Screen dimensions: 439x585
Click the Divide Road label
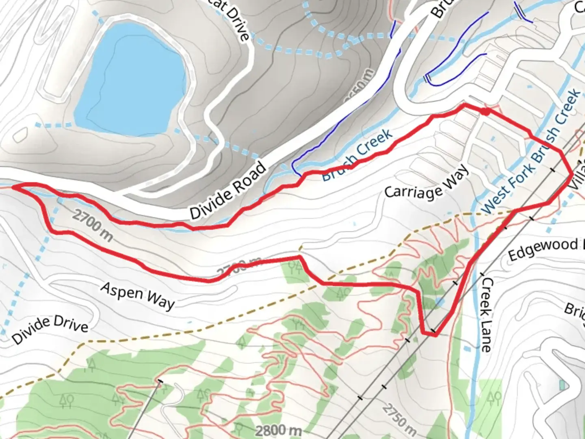tap(228, 191)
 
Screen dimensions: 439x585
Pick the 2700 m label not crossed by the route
tap(93, 225)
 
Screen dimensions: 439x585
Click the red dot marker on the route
tap(485, 111)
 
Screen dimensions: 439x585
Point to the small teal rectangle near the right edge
tap(562, 384)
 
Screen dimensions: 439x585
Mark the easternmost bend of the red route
tap(572, 174)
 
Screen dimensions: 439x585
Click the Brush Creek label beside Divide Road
tap(357, 155)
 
